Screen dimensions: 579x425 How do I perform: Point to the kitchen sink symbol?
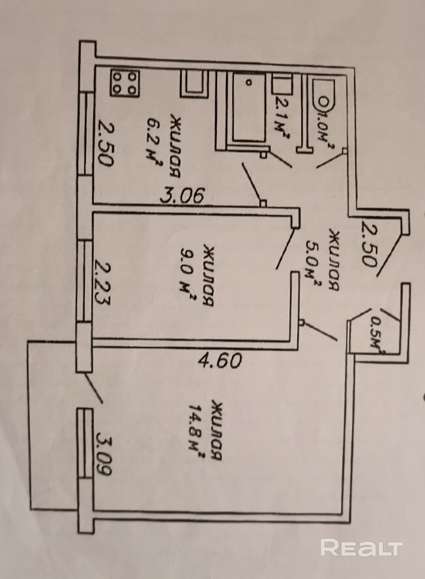(x=193, y=83)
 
